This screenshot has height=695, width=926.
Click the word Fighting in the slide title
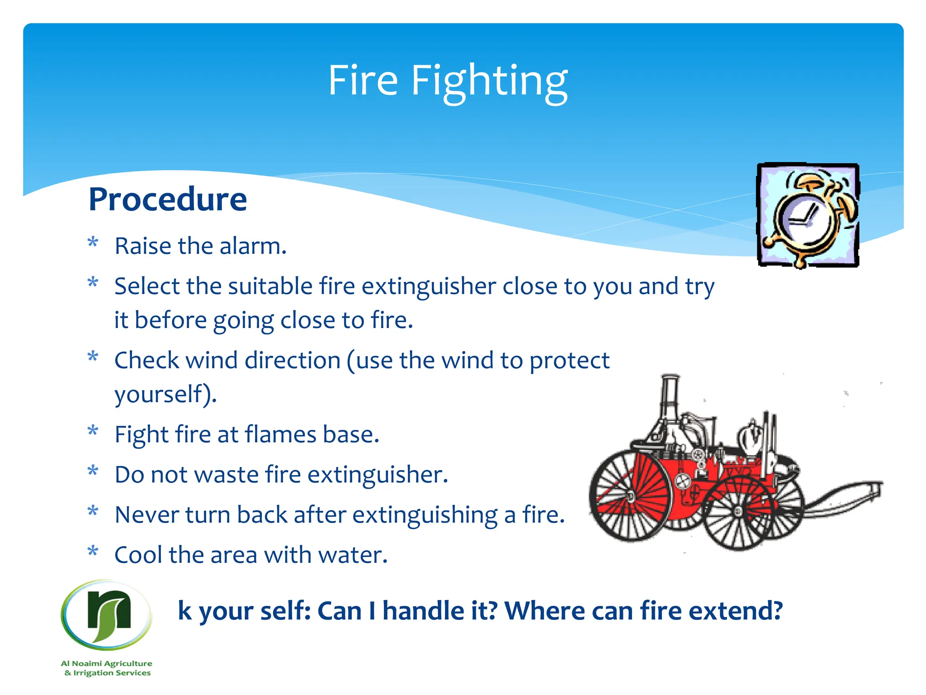tap(489, 81)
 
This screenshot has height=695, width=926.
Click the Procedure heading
tap(168, 200)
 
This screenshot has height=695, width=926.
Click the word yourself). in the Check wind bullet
tap(165, 394)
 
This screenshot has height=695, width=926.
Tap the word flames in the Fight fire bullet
tap(280, 435)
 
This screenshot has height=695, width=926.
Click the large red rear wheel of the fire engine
tap(631, 495)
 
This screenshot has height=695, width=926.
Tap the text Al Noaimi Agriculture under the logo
tap(107, 663)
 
